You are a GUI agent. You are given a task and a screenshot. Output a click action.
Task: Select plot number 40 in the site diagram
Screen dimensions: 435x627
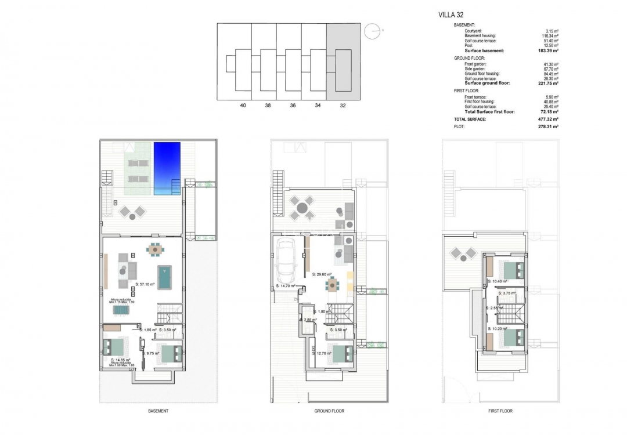pyautogui.click(x=243, y=106)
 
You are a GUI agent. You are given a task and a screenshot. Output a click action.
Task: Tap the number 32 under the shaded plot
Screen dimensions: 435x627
pyautogui.click(x=343, y=106)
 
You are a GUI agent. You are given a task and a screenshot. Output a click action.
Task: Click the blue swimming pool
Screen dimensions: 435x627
pyautogui.click(x=168, y=169)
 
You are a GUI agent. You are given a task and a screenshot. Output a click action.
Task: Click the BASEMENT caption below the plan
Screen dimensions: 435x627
pyautogui.click(x=158, y=411)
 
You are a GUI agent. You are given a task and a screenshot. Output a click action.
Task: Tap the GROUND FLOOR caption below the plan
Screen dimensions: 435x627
pyautogui.click(x=329, y=411)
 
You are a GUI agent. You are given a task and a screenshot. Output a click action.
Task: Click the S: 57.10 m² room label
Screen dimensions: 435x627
pyautogui.click(x=147, y=284)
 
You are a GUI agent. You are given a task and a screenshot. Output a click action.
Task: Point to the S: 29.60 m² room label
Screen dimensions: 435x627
pyautogui.click(x=322, y=274)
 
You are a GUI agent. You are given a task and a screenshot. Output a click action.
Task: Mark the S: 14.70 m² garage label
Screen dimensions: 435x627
pyautogui.click(x=285, y=286)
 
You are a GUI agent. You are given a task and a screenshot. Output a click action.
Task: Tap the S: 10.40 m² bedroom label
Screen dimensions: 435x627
pyautogui.click(x=498, y=281)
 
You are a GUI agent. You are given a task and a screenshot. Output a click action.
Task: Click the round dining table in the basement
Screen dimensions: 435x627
pyautogui.click(x=154, y=250)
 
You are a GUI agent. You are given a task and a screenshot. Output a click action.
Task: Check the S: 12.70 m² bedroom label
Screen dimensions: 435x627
pyautogui.click(x=323, y=353)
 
